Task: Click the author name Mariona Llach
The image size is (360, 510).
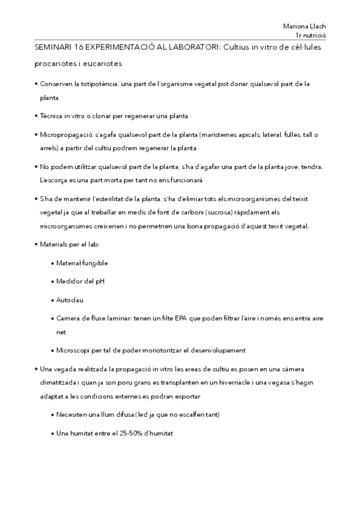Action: tap(304, 26)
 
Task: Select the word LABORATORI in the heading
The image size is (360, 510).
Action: tap(192, 47)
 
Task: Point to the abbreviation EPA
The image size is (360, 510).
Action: tap(183, 317)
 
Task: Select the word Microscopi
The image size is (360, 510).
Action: tap(74, 350)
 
